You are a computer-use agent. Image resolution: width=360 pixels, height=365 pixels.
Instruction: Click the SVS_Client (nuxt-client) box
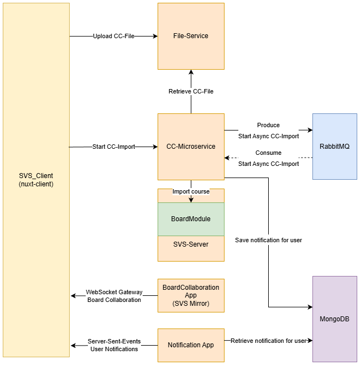pos(36,180)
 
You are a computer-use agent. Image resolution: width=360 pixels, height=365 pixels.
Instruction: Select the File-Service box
pos(191,36)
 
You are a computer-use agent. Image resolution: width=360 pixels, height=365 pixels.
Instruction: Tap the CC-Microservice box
pos(191,147)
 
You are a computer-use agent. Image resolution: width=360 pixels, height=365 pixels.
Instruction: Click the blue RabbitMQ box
pos(335,147)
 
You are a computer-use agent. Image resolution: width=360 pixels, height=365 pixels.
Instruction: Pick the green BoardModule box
pos(191,219)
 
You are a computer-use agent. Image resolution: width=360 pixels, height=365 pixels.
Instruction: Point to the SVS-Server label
pos(191,244)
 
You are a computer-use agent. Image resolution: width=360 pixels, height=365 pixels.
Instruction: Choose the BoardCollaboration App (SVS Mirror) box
pos(191,295)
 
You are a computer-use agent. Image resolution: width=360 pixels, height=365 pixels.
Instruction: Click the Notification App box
pos(191,345)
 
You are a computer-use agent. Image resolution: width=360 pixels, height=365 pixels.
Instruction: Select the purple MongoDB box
pos(335,319)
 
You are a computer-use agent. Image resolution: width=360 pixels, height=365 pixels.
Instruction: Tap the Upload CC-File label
pos(113,36)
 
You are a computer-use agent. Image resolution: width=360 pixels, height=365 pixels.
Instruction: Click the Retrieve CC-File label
pos(191,91)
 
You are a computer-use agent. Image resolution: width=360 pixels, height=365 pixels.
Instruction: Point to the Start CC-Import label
pos(113,147)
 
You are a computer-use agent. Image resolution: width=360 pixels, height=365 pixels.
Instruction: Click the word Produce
pos(268,125)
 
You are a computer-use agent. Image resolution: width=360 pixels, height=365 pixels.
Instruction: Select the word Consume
pos(268,153)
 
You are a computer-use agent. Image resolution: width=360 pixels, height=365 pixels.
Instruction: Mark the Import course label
pos(191,192)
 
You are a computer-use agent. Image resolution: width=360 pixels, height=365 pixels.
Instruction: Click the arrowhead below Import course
pos(191,200)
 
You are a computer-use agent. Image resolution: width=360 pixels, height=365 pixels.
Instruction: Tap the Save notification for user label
pos(268,240)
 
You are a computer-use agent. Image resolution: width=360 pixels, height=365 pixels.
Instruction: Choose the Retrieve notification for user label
pos(268,341)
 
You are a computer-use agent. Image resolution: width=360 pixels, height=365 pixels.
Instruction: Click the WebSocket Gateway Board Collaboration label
pos(114,296)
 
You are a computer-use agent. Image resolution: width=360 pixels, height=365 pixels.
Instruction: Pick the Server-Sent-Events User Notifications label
pos(114,345)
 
